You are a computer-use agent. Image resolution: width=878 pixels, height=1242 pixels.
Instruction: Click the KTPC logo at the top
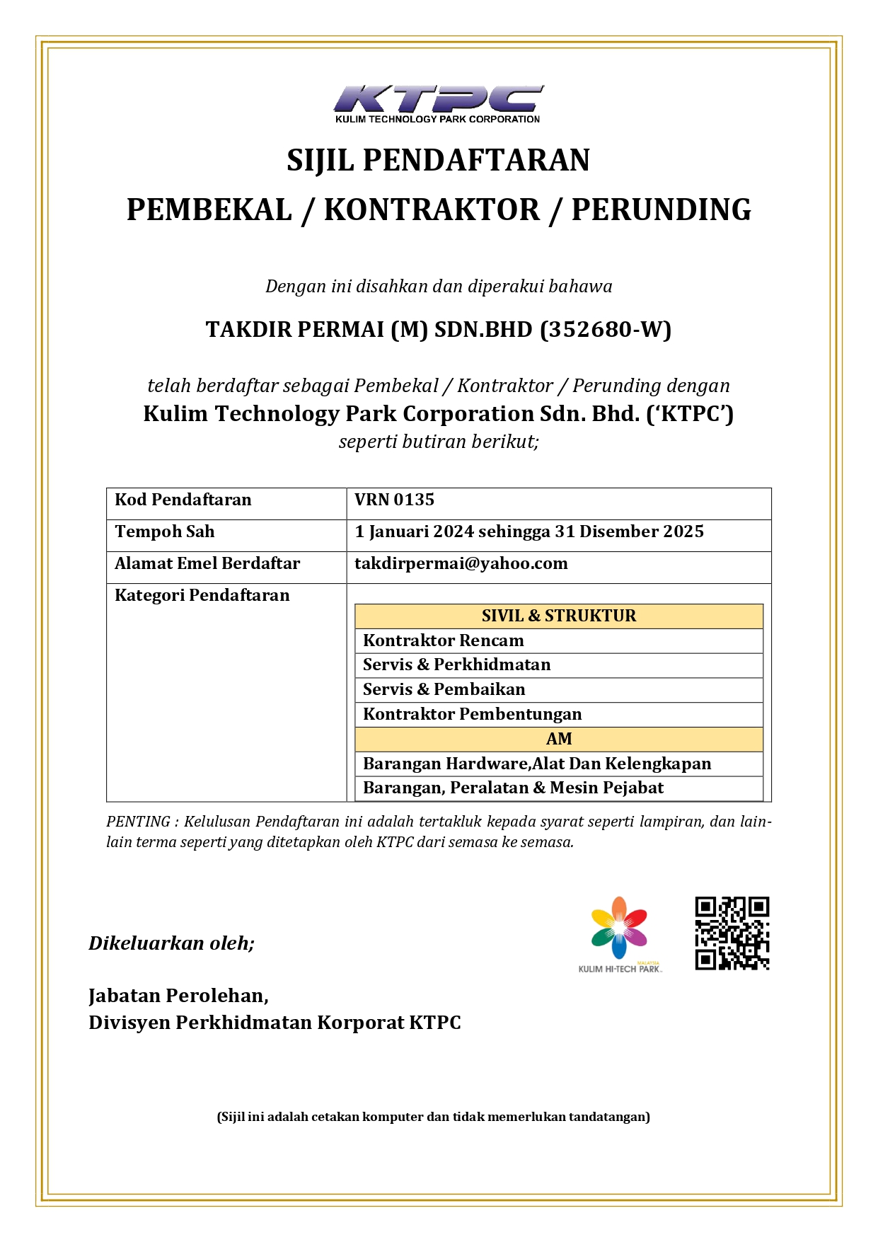point(438,103)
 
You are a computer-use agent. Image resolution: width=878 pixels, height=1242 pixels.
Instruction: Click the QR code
point(732,933)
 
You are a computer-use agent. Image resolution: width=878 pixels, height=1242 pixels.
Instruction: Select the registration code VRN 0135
point(394,500)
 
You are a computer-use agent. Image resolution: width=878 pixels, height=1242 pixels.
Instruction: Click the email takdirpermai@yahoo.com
point(461,563)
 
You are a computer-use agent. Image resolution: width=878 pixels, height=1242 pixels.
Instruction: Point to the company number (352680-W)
point(605,330)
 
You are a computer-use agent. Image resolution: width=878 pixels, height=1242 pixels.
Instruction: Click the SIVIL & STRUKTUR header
point(558,616)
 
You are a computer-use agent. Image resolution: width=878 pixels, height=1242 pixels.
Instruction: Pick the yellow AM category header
point(558,739)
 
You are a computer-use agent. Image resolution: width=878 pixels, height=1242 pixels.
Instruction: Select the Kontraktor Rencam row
point(444,640)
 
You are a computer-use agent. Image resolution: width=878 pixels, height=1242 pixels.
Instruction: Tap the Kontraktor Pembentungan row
point(472,714)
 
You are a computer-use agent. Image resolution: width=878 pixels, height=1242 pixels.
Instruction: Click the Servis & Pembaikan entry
point(444,689)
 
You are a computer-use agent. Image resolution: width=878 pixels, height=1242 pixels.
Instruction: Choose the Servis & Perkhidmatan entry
point(456,665)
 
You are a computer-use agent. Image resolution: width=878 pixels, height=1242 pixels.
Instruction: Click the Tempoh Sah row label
point(164,531)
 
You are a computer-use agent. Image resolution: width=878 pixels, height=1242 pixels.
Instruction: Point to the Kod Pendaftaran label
point(183,500)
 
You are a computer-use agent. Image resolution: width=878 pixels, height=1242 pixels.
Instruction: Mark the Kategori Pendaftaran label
point(202,595)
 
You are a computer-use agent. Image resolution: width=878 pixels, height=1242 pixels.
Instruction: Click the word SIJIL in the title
point(320,161)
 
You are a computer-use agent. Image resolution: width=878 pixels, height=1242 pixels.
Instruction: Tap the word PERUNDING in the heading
point(661,210)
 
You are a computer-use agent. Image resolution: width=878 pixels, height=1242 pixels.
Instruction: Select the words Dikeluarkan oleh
point(171,943)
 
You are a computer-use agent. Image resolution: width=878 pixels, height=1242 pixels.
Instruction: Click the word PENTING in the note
point(137,822)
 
